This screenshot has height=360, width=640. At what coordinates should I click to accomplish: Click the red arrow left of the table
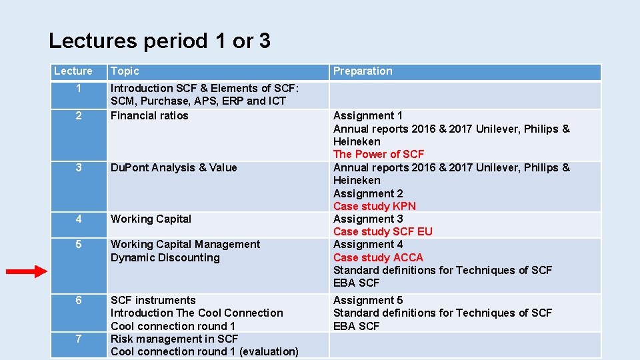[27, 271]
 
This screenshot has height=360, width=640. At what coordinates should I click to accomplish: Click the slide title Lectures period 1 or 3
[159, 41]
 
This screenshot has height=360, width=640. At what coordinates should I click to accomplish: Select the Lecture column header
[73, 71]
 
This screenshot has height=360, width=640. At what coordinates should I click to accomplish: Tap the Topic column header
[125, 71]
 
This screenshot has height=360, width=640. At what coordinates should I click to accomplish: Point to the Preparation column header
[363, 71]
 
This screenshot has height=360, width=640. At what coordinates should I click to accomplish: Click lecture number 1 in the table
[79, 89]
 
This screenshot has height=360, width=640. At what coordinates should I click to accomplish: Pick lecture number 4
[79, 219]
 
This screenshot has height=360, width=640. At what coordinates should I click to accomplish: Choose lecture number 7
[79, 339]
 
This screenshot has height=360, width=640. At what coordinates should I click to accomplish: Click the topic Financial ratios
[149, 116]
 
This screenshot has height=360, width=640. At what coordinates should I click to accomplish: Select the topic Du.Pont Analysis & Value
[173, 168]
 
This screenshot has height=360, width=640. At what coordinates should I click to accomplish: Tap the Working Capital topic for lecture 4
[151, 219]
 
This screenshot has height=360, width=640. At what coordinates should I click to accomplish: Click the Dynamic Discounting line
[165, 257]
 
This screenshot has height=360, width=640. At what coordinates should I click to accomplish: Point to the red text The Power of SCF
[379, 155]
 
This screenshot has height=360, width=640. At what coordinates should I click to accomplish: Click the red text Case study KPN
[374, 206]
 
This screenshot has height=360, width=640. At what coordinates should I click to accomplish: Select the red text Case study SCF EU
[383, 231]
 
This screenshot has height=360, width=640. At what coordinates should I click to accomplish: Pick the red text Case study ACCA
[378, 257]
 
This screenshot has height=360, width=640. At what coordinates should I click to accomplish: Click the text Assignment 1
[368, 116]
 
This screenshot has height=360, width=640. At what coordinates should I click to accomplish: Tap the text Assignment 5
[368, 301]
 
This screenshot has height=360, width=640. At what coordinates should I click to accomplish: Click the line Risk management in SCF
[174, 339]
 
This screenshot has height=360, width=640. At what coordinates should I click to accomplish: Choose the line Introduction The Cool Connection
[197, 313]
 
